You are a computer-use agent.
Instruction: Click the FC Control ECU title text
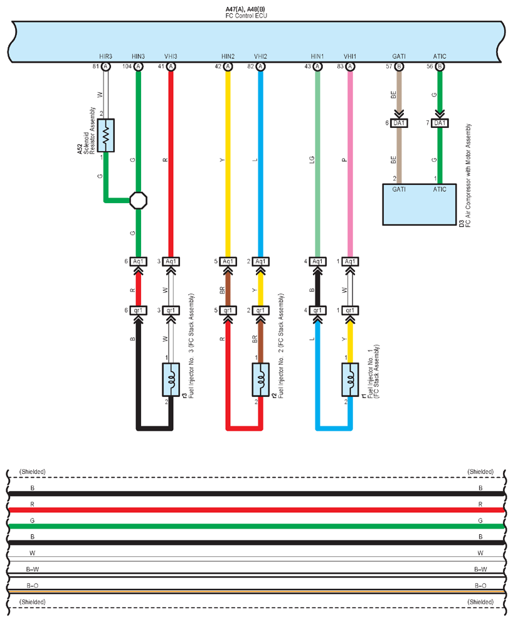246,16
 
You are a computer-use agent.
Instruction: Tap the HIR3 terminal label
105,56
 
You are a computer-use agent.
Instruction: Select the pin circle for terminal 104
139,66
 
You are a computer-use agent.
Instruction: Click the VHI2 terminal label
260,56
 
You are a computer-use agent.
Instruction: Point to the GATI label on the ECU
399,56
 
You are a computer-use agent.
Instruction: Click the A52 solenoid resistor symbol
106,135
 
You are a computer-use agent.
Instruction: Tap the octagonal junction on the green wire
139,200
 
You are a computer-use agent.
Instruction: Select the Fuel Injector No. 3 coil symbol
171,379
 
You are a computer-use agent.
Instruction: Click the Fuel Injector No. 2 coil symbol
261,379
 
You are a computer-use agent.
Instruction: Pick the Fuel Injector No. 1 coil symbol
351,379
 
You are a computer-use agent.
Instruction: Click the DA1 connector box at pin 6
399,123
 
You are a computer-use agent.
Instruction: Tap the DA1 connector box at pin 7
440,123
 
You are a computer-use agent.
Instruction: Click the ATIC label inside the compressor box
440,189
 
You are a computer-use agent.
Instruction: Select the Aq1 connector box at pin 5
228,261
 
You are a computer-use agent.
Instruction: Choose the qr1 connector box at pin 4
318,310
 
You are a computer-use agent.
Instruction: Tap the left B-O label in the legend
33,586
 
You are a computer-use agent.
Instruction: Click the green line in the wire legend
256,527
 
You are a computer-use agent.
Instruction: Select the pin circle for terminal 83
350,66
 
